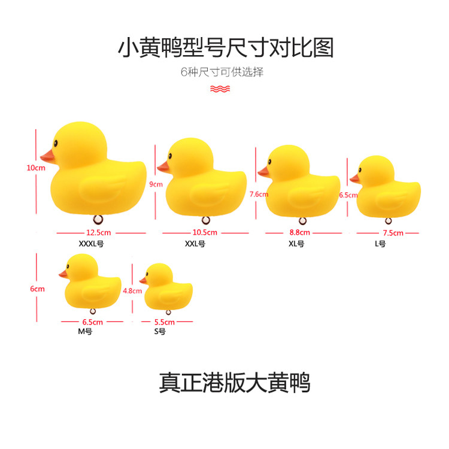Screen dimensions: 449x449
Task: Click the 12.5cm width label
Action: (99, 232)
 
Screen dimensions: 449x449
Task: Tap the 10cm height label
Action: (36, 168)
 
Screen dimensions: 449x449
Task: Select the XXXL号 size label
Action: (95, 244)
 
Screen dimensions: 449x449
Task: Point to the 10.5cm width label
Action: (205, 232)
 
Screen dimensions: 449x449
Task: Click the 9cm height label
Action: (156, 184)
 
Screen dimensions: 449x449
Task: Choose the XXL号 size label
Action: (195, 244)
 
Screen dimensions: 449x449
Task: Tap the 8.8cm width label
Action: (299, 232)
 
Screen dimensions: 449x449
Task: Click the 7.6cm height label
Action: (259, 194)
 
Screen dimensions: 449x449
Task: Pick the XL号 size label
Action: (296, 244)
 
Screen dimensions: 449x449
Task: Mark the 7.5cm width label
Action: (393, 232)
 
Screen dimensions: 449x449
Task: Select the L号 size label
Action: (380, 244)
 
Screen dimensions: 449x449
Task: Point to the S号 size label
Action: (160, 331)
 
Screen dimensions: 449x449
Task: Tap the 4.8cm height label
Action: (132, 291)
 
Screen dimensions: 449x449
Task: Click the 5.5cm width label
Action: (161, 321)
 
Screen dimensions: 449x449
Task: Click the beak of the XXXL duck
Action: (47, 156)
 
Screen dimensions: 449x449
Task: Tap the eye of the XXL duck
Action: (169, 155)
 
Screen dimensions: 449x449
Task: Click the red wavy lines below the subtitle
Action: (219, 89)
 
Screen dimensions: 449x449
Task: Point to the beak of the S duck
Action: (144, 279)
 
